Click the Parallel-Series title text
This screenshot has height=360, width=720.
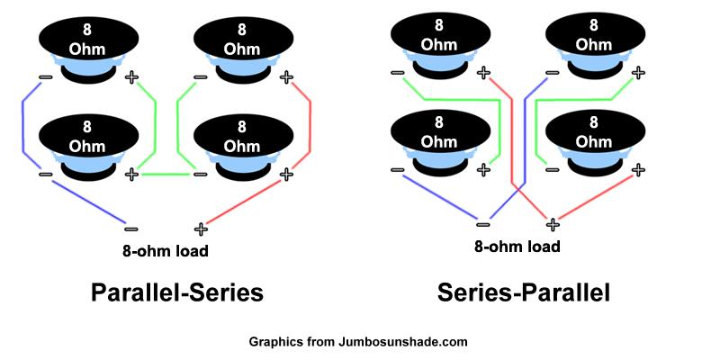[176, 292]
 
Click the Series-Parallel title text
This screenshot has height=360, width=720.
[524, 292]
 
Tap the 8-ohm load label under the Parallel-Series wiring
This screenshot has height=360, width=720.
[166, 250]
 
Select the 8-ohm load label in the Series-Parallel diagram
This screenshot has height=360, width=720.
[517, 246]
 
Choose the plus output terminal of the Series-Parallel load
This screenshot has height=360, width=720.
[553, 224]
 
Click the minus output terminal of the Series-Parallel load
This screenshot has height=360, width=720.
[483, 224]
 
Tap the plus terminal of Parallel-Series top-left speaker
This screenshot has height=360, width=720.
[133, 77]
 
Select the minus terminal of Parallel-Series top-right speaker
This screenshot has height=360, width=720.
[200, 77]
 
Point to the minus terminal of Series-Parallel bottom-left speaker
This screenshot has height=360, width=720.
[397, 168]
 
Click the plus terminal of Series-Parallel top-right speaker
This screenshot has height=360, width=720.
[638, 72]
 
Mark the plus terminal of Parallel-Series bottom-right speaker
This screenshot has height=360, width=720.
[286, 173]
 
